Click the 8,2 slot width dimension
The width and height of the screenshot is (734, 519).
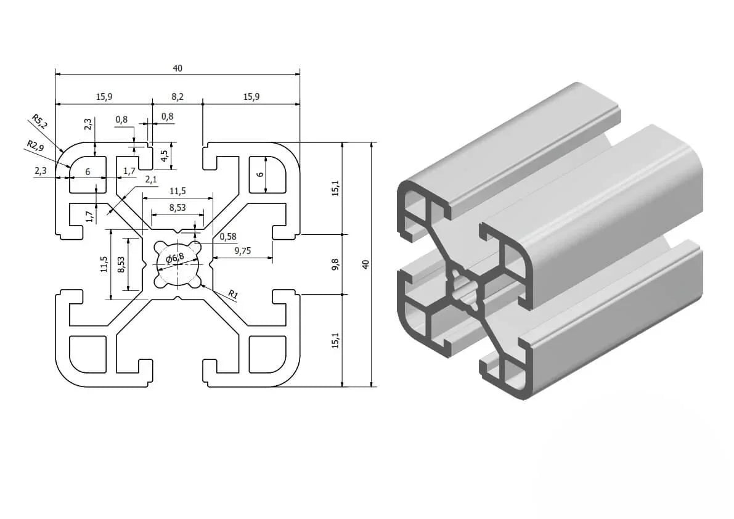(177, 97)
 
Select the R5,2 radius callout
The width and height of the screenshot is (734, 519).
(39, 122)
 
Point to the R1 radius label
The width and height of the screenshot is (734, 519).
(232, 295)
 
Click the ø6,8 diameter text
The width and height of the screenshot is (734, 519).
(174, 258)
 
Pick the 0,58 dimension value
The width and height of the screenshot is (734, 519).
(228, 236)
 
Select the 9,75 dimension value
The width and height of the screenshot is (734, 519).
(243, 250)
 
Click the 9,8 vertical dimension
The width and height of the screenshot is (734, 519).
(335, 264)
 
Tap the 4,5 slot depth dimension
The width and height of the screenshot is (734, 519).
(164, 156)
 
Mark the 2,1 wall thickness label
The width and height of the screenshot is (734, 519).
(150, 179)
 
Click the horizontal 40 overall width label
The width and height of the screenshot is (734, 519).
(177, 68)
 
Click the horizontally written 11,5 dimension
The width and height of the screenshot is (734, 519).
(177, 191)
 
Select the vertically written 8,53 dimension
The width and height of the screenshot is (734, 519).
(121, 264)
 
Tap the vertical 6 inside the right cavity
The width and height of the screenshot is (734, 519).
(260, 174)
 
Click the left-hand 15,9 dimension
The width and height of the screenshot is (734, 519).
(104, 97)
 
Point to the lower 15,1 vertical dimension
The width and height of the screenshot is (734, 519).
(335, 340)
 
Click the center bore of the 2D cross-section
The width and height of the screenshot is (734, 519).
(178, 264)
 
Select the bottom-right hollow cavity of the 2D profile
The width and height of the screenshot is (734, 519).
(266, 353)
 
